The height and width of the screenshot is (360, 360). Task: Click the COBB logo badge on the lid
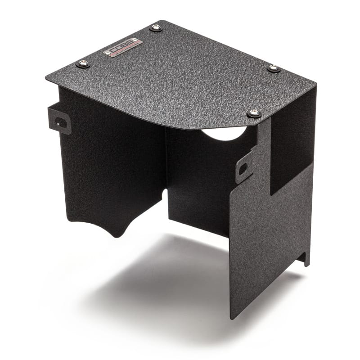coord(122,47)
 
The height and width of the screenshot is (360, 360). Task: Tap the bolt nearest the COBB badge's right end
coord(156,28)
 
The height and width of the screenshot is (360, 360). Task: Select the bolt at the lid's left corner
coord(83,63)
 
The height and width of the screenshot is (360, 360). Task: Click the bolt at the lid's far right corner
coord(274,68)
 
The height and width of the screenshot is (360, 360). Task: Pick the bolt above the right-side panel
coord(254,113)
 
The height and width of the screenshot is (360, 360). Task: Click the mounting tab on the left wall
coord(59,119)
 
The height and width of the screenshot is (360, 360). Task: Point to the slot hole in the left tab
coord(62,122)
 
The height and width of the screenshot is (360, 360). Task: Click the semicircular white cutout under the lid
coord(224,133)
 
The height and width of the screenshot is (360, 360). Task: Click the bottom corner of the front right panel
coord(231,318)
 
